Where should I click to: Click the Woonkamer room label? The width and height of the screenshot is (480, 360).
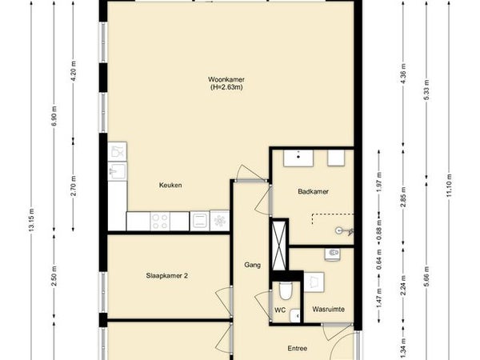pyautogui.click(x=226, y=79)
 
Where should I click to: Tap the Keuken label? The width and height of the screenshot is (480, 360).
pyautogui.click(x=170, y=186)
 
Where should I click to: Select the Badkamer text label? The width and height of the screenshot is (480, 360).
pyautogui.click(x=313, y=192)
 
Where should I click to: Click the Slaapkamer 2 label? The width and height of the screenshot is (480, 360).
pyautogui.click(x=167, y=276)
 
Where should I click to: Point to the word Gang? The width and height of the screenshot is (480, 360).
pyautogui.click(x=253, y=265)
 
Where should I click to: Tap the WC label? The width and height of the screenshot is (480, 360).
pyautogui.click(x=280, y=310)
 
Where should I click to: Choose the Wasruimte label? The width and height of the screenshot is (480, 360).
pyautogui.click(x=329, y=309)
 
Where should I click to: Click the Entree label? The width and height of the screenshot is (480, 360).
pyautogui.click(x=298, y=348)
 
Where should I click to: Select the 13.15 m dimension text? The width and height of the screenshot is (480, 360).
pyautogui.click(x=31, y=220)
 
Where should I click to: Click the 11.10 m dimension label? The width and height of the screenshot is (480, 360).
pyautogui.click(x=449, y=186)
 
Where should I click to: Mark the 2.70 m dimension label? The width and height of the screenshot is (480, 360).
pyautogui.click(x=73, y=186)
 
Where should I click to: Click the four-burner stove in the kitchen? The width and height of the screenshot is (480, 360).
pyautogui.click(x=160, y=222)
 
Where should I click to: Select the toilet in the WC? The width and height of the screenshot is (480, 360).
pyautogui.click(x=286, y=290)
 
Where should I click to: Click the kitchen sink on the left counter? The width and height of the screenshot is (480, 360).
pyautogui.click(x=118, y=171)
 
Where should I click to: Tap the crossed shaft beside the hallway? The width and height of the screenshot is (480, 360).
pyautogui.click(x=278, y=245)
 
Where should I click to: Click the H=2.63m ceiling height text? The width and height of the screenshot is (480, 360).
pyautogui.click(x=226, y=87)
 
